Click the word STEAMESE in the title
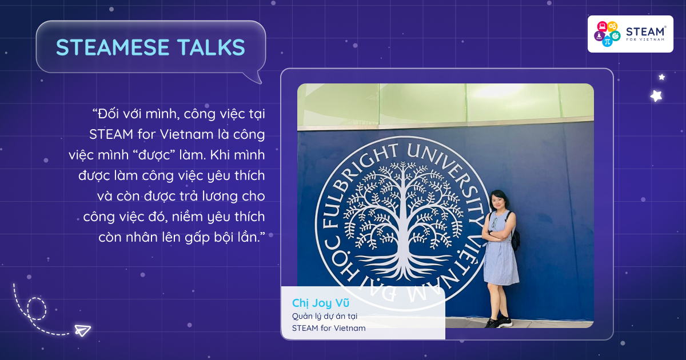pyautogui.click(x=113, y=47)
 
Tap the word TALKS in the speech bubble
pyautogui.click(x=212, y=47)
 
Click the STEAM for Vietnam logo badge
pyautogui.click(x=630, y=34)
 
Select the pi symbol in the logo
pyautogui.click(x=607, y=41)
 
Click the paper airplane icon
pyautogui.click(x=83, y=330)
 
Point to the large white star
pyautogui.click(x=656, y=96)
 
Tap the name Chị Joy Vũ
pyautogui.click(x=320, y=303)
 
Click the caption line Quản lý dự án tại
pyautogui.click(x=324, y=317)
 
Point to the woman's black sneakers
pyautogui.click(x=498, y=322)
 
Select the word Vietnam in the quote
pyautogui.click(x=186, y=134)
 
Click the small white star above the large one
pyautogui.click(x=662, y=77)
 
